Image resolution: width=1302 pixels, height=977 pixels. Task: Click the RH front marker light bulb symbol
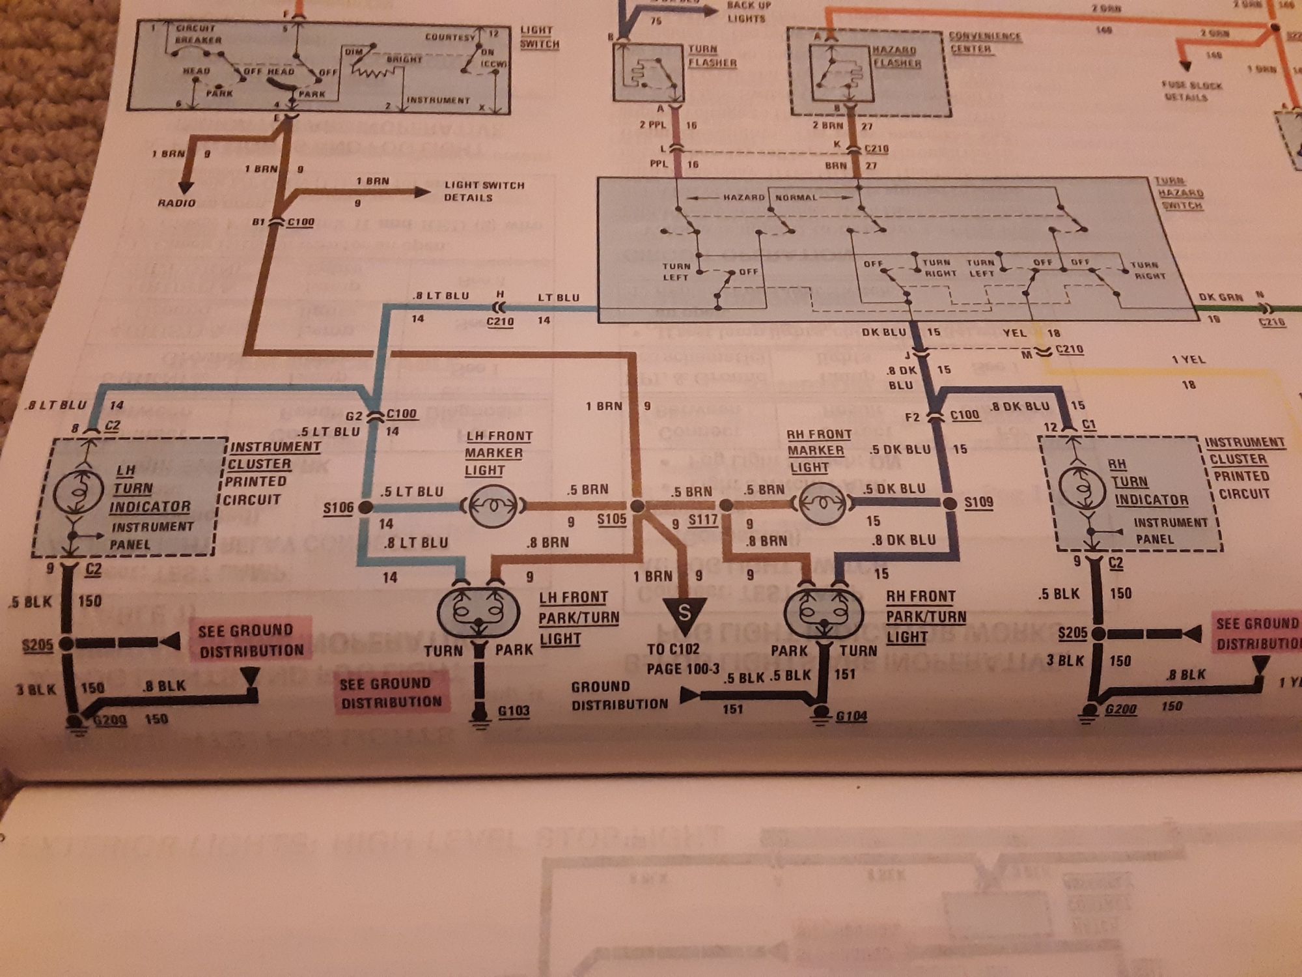[822, 503]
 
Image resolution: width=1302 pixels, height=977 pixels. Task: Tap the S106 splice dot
[365, 507]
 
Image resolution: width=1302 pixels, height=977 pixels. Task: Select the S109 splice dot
[950, 503]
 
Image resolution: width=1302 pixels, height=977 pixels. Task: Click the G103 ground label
[514, 711]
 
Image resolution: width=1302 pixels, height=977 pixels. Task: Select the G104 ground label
[851, 716]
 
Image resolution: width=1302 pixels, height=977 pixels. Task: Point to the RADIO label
[176, 203]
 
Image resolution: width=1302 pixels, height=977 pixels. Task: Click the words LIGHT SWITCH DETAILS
[484, 191]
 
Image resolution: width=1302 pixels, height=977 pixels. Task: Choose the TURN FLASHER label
[712, 56]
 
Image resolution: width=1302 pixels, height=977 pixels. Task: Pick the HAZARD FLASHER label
[896, 57]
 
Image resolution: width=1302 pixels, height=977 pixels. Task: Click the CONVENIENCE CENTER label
[984, 42]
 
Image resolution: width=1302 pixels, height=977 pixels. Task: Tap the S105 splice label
[612, 520]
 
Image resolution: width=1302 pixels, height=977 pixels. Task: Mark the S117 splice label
[703, 520]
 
